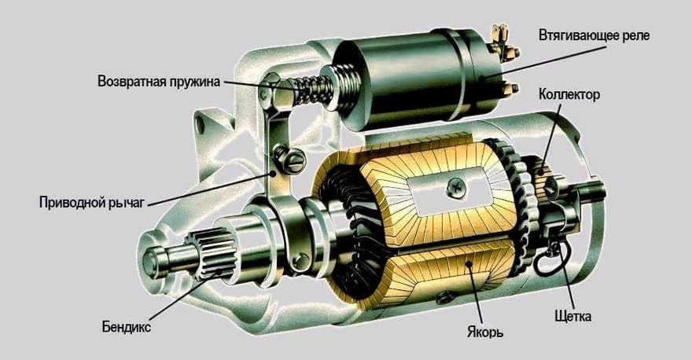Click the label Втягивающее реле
[x=594, y=35]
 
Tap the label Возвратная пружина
[x=159, y=82]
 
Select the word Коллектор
[x=569, y=94]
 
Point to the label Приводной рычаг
[x=92, y=203]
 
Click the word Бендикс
[x=127, y=327]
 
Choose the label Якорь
[x=484, y=332]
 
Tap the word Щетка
[x=572, y=316]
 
